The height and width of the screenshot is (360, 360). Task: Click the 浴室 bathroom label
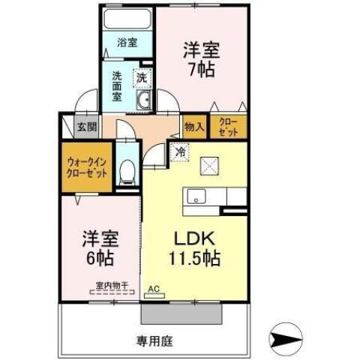point(127,43)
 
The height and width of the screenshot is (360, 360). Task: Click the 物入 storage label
point(194,127)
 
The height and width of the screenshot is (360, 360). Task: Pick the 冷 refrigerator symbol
point(180,151)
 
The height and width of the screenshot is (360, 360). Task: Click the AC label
point(154,288)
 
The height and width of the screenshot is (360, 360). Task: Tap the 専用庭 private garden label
point(154,341)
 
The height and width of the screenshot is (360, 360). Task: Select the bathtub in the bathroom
point(127,19)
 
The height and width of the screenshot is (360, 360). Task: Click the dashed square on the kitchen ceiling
point(209,164)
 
